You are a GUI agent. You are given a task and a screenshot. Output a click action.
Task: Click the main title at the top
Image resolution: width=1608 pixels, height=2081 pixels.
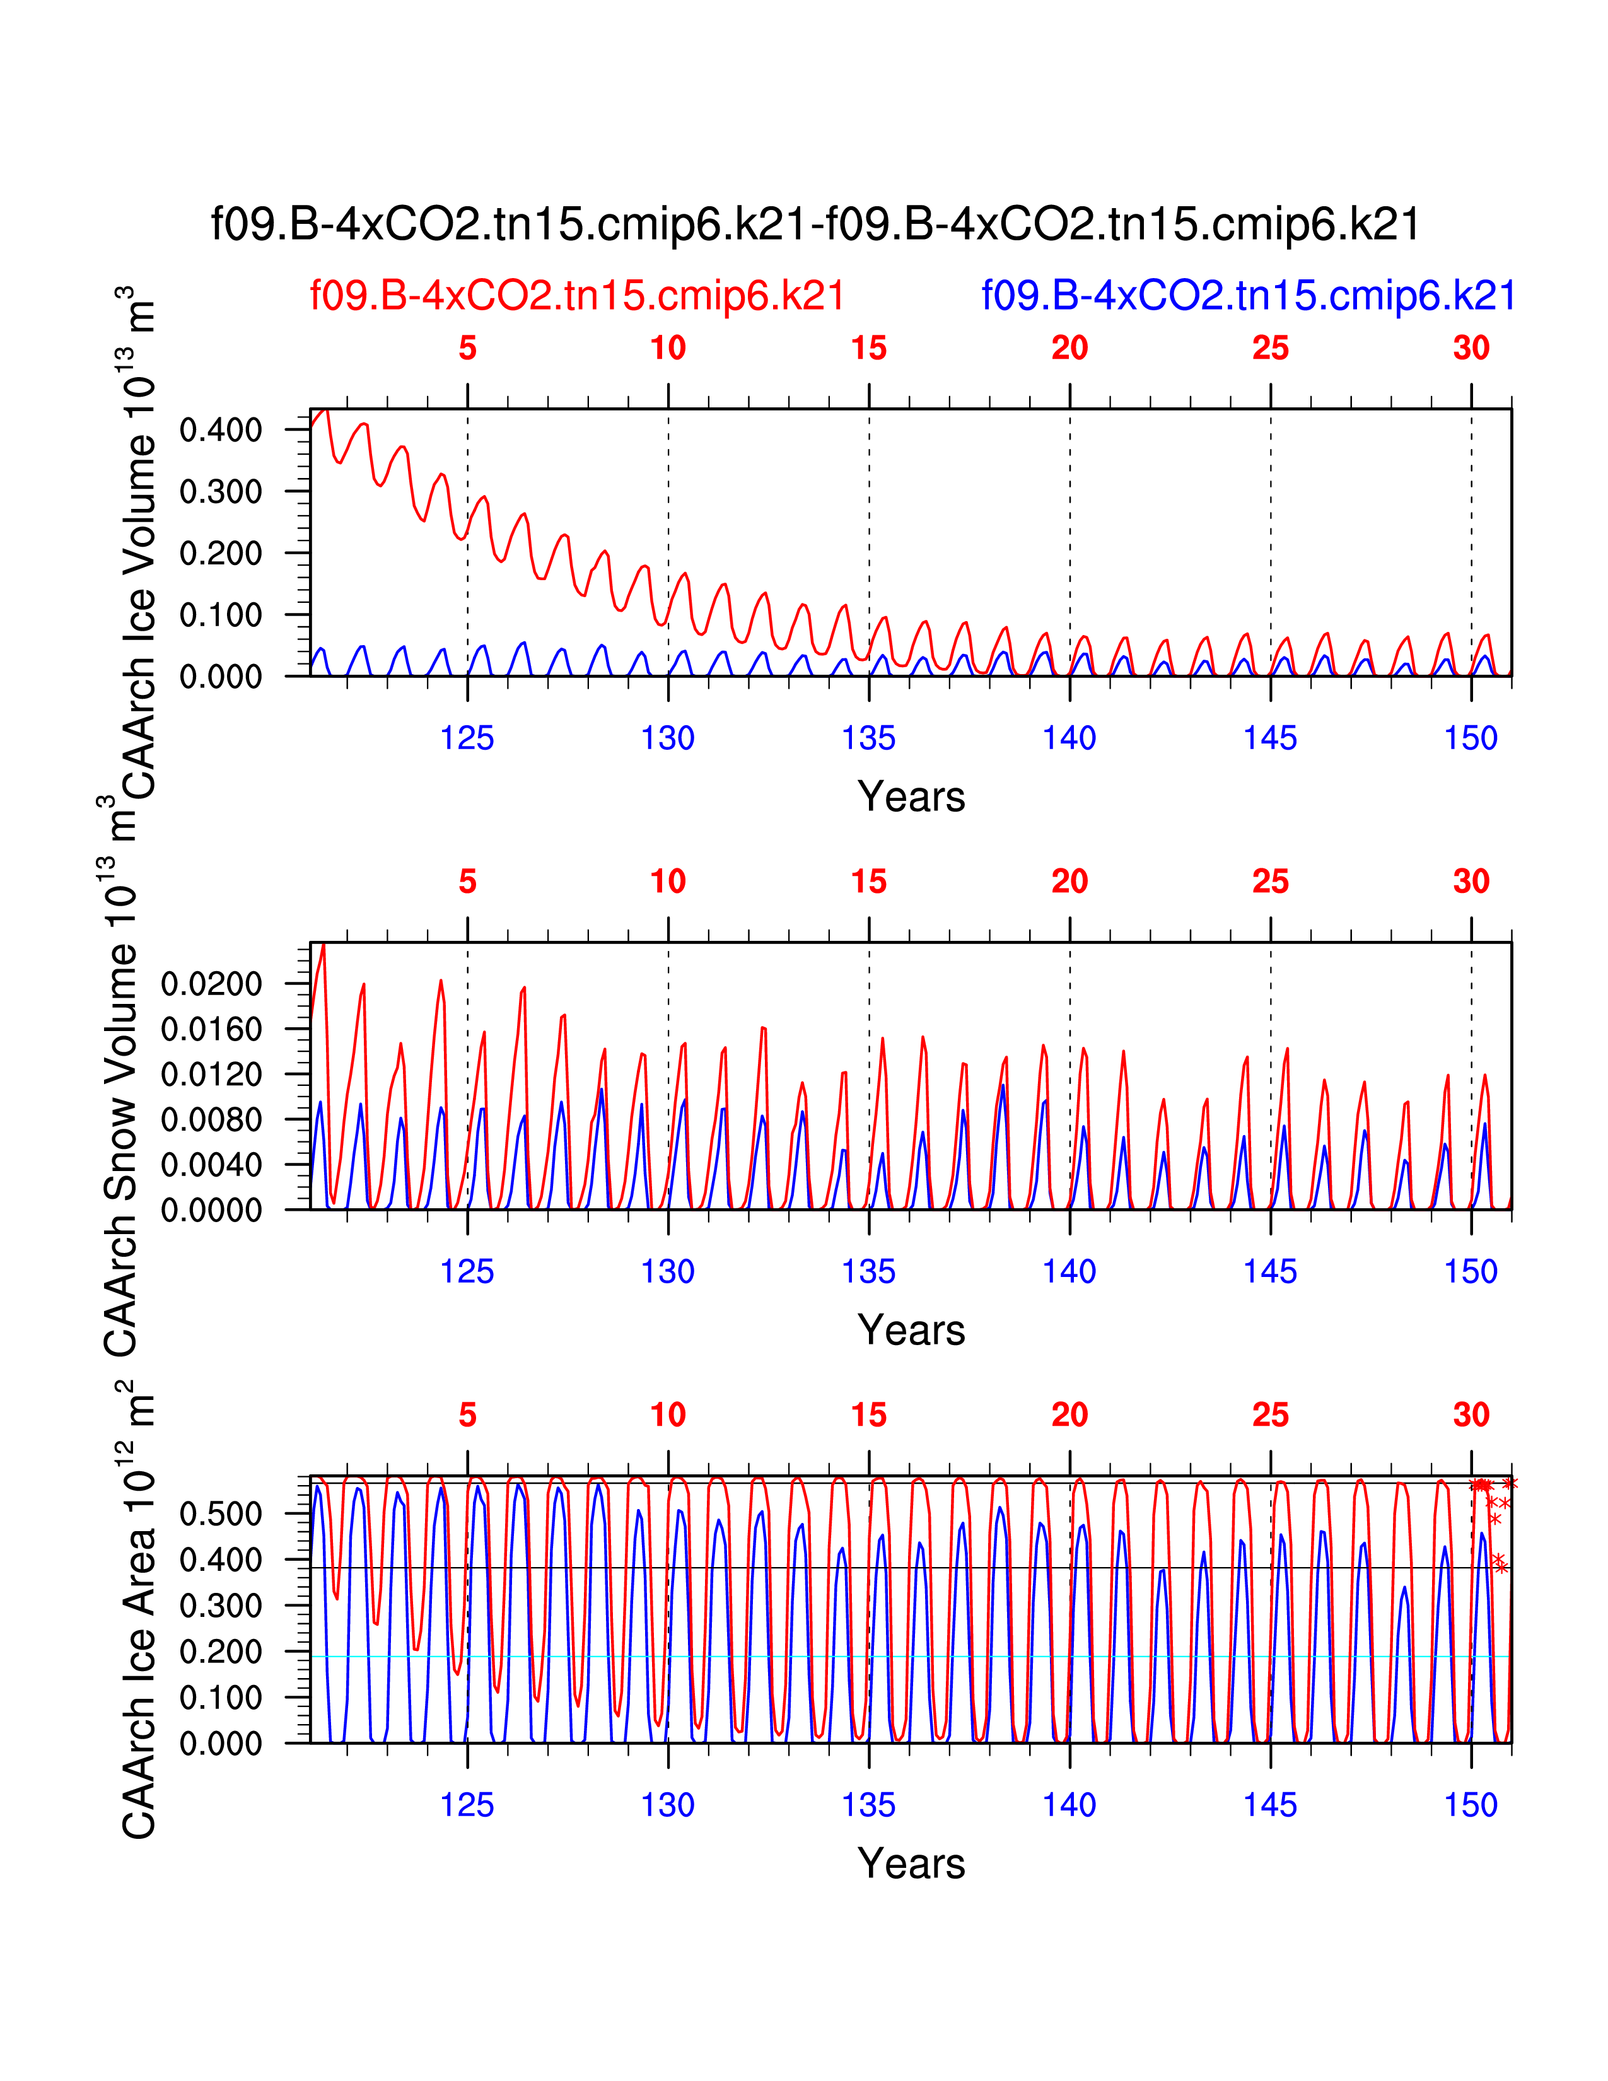(x=815, y=225)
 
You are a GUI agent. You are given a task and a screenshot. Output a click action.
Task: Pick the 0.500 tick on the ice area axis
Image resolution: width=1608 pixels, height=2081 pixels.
(x=220, y=1514)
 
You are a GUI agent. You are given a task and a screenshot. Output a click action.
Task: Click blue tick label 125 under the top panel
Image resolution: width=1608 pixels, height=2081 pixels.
(x=467, y=738)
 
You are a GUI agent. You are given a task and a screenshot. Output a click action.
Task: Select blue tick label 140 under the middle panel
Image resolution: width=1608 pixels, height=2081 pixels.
(x=1069, y=1272)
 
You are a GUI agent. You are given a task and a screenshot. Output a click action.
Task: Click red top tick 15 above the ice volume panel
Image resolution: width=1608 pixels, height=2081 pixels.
(x=869, y=348)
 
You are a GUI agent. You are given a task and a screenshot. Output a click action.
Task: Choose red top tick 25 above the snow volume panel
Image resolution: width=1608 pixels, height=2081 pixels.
(x=1270, y=882)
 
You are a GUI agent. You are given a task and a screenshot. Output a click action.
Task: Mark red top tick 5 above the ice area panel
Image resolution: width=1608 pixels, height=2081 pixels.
(x=467, y=1415)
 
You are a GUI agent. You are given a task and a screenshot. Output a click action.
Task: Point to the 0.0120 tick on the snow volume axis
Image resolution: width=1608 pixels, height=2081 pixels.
(x=211, y=1074)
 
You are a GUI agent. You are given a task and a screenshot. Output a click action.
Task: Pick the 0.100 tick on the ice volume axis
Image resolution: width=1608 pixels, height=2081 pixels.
(x=220, y=615)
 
